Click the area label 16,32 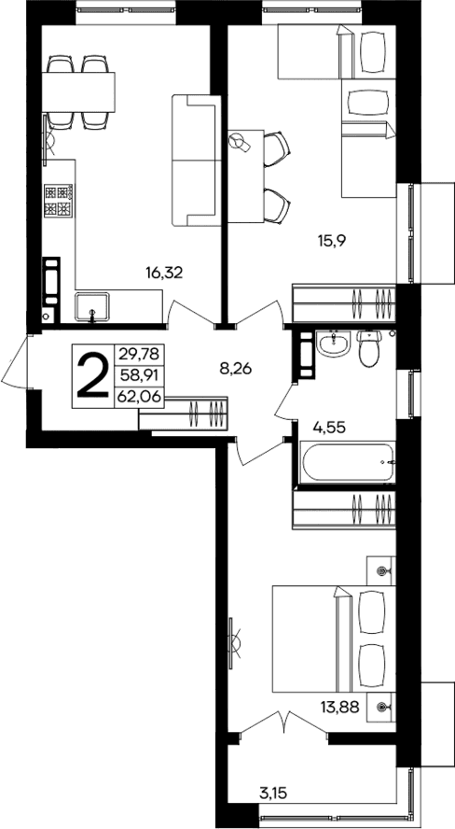tap(163, 273)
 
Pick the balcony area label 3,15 tap(272, 795)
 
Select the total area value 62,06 tap(135, 396)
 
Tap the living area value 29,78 tap(135, 354)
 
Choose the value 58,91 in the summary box tap(135, 375)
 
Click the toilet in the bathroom tap(369, 351)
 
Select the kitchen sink tap(92, 305)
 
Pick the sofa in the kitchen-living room tap(194, 160)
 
